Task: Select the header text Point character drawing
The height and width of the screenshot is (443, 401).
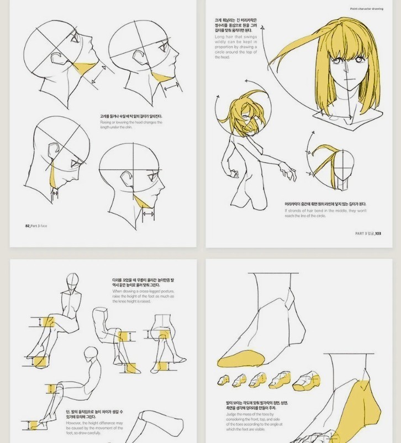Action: pyautogui.click(x=366, y=8)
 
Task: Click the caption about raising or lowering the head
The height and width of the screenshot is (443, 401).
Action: pyautogui.click(x=131, y=122)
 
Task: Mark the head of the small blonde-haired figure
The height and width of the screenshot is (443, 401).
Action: pyautogui.click(x=243, y=113)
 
